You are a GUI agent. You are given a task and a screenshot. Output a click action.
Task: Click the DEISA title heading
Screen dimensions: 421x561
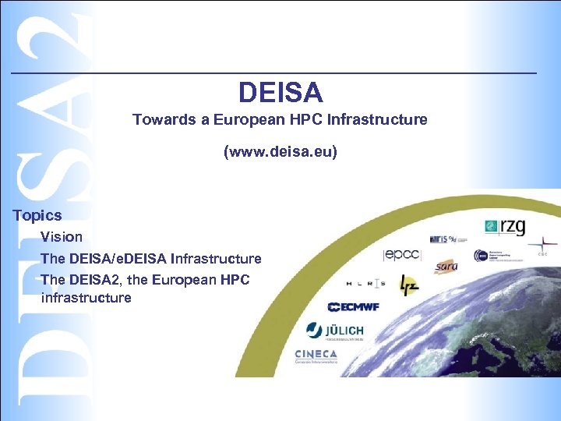(280, 93)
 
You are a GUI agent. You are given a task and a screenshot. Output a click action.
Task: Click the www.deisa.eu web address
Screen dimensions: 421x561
(280, 151)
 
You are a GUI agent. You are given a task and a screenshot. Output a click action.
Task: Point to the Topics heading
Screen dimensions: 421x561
(37, 215)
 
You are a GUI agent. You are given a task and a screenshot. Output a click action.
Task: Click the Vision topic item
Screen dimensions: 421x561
(62, 236)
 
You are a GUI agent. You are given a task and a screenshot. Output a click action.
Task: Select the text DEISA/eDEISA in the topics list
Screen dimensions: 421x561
(118, 258)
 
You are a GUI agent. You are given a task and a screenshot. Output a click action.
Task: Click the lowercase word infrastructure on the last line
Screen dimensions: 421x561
(86, 298)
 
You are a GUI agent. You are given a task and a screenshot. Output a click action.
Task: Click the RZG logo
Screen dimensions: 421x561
(505, 227)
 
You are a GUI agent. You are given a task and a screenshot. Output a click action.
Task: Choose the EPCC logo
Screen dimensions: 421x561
(402, 254)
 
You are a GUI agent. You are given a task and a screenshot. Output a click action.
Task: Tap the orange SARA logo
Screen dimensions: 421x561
(446, 267)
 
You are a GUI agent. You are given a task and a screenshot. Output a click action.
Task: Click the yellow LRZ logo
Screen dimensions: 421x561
(408, 285)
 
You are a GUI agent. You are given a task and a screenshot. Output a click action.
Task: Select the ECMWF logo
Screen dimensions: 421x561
(353, 306)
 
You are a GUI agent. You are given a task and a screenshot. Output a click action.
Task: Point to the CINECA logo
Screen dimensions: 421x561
(316, 355)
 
